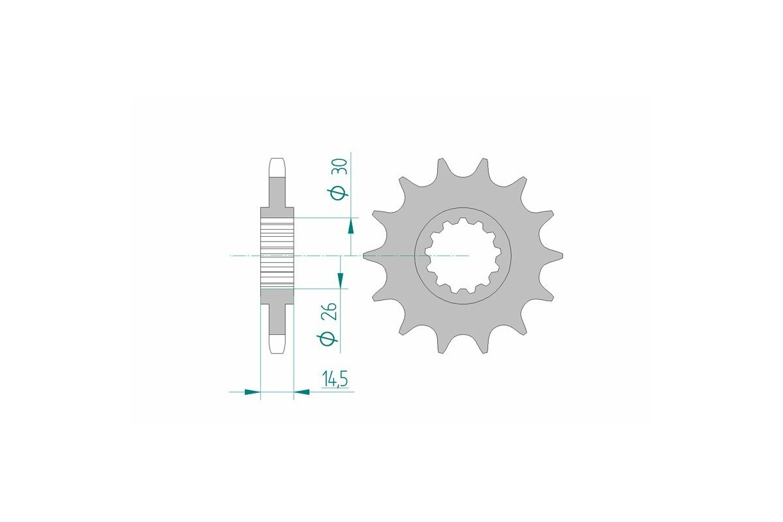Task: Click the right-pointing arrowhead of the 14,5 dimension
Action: [251, 392]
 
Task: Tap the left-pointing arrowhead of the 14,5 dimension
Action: [302, 392]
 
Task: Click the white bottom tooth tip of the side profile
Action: [277, 344]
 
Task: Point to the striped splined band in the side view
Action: [277, 254]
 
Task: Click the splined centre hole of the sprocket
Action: [462, 256]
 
